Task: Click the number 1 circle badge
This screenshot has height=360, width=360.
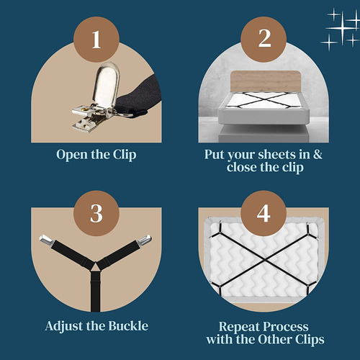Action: (96, 40)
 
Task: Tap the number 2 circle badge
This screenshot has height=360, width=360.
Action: (264, 40)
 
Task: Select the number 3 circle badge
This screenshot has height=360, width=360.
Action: (96, 213)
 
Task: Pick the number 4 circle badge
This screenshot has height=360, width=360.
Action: (264, 213)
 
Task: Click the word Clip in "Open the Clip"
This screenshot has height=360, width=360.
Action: (125, 155)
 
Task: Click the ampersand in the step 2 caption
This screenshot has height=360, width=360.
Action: (318, 154)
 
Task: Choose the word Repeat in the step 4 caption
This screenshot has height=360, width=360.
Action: (239, 327)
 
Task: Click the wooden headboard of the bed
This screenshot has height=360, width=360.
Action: (266, 81)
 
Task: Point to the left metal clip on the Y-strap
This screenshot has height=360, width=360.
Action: (46, 240)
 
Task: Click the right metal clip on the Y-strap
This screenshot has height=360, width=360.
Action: (145, 240)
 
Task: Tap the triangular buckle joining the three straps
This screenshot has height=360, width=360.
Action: (96, 266)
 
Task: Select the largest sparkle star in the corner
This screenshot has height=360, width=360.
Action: (342, 28)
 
